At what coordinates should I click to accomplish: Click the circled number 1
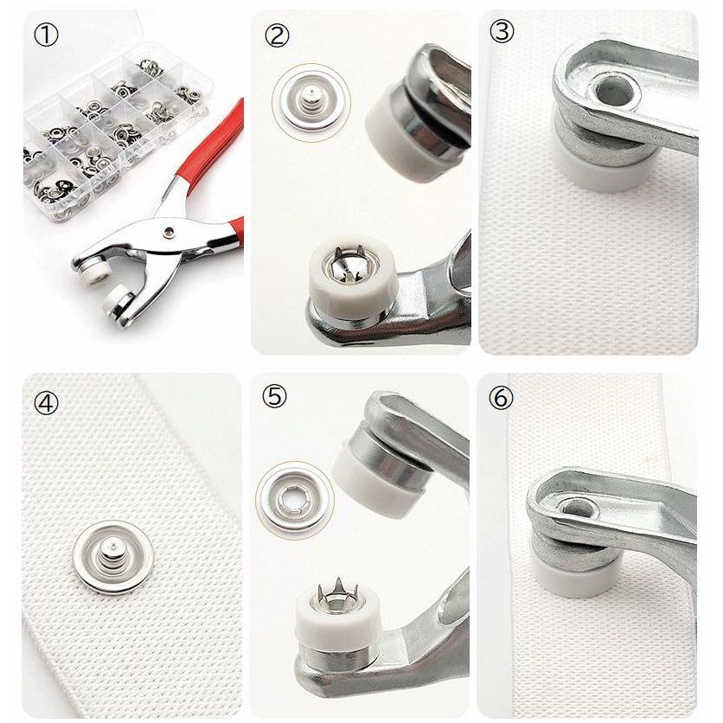point(46,35)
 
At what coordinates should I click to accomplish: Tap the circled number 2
point(277,35)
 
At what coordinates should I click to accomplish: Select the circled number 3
point(502,31)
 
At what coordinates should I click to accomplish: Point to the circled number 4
point(46,403)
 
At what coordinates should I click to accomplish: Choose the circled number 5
point(274,395)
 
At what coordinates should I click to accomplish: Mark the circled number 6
point(501,397)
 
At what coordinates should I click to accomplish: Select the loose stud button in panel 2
point(311,102)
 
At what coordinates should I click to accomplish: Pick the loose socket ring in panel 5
point(295,500)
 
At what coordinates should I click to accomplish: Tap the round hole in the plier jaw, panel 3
point(614,93)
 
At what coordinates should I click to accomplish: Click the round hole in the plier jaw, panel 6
point(576,509)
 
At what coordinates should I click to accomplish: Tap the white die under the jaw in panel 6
point(574,576)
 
